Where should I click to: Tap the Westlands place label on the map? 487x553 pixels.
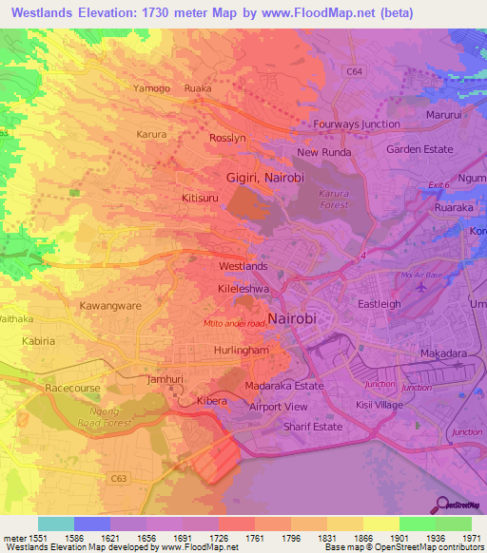pos(243,267)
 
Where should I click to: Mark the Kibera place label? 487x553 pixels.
pos(211,401)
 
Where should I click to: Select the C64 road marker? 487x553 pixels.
pos(354,71)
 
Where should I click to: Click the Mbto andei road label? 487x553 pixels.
pos(234,323)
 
